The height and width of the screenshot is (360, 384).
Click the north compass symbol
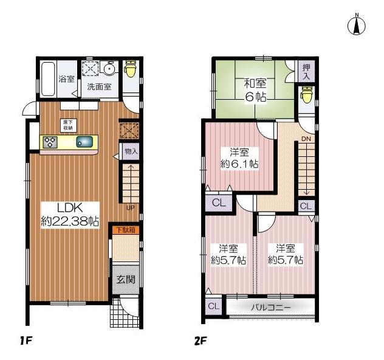point(356,25)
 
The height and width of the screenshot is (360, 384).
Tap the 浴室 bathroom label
point(66,79)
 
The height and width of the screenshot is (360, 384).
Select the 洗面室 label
point(98,86)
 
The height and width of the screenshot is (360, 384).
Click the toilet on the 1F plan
point(130,70)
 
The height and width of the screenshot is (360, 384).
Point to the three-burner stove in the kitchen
point(49,143)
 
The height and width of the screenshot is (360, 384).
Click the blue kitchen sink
point(85,143)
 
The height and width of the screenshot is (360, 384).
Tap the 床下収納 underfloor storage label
point(68,125)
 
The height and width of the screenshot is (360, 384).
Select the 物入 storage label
point(131,151)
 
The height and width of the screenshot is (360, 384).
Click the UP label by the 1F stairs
point(130,208)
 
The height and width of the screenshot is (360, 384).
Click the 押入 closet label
point(307,71)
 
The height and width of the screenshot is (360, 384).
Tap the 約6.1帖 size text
point(239,164)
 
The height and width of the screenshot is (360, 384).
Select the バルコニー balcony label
point(271,308)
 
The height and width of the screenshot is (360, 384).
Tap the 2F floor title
point(201,341)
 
